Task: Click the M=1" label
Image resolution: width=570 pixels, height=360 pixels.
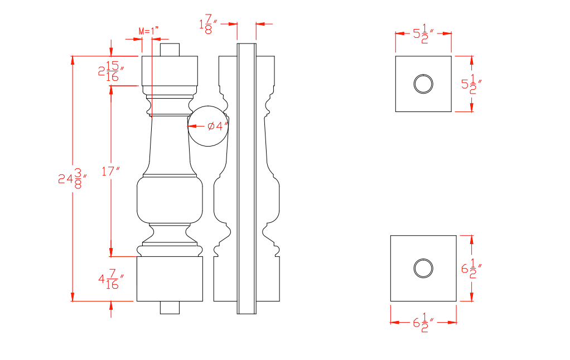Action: pyautogui.click(x=148, y=31)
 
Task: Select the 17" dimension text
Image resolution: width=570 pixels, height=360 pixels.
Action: pyautogui.click(x=111, y=171)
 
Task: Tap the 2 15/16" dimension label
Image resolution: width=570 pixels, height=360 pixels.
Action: pyautogui.click(x=110, y=71)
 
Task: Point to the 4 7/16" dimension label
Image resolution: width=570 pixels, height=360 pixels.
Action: pyautogui.click(x=110, y=279)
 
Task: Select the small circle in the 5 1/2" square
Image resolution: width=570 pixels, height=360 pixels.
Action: pyautogui.click(x=423, y=84)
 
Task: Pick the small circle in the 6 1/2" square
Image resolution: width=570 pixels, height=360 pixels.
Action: pyautogui.click(x=423, y=268)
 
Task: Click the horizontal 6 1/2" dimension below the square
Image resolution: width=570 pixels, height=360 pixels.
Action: pyautogui.click(x=423, y=323)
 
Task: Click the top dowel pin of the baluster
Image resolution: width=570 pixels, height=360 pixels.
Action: pyautogui.click(x=170, y=50)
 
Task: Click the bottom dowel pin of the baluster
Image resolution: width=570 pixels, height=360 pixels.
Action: pyautogui.click(x=170, y=308)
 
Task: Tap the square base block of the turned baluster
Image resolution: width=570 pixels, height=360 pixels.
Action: pyautogui.click(x=170, y=279)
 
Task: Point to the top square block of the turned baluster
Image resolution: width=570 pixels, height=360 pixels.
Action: pyautogui.click(x=170, y=70)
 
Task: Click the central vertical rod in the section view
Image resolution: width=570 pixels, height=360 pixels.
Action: pyautogui.click(x=247, y=178)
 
